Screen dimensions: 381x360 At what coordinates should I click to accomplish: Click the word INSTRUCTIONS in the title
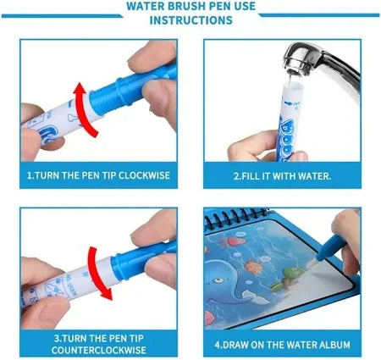(x=191, y=20)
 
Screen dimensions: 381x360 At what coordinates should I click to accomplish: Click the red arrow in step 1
(x=84, y=109)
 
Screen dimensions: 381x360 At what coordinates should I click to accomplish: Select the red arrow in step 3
(x=97, y=273)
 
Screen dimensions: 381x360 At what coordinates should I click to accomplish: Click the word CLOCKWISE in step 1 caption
(x=144, y=175)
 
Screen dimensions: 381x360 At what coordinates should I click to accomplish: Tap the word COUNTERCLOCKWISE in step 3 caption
(x=99, y=350)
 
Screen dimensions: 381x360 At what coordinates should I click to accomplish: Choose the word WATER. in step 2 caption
(x=314, y=176)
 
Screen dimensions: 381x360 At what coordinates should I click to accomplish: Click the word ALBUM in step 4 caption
(x=334, y=345)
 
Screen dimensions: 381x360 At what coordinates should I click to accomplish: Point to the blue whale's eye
(x=218, y=280)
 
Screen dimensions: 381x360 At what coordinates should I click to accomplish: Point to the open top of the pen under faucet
(x=291, y=83)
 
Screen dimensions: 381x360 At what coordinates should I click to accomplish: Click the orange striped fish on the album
(x=252, y=267)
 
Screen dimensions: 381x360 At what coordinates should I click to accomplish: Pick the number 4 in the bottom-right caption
(x=217, y=345)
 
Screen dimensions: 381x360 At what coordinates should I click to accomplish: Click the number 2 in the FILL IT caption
(x=236, y=176)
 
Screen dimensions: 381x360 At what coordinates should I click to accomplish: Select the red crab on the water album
(x=235, y=241)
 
